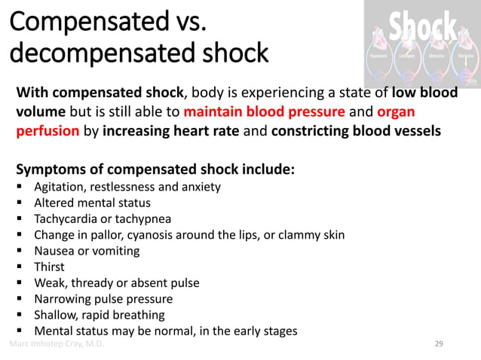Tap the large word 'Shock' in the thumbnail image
422,29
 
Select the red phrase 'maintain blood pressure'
263,113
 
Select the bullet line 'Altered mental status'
92,203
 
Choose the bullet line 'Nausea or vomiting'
87,251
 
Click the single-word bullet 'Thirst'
49,267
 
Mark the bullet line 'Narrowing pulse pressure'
103,299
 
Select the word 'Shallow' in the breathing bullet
56,315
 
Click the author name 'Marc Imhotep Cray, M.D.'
57,344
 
